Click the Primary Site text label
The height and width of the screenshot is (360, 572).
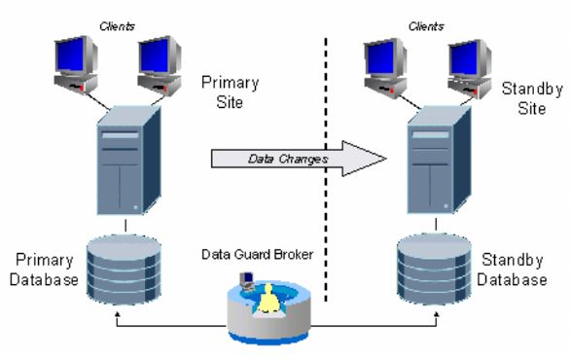(x=230, y=91)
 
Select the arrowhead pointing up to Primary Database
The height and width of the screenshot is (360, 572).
(x=117, y=314)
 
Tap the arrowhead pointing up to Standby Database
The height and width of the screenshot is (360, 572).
(x=428, y=314)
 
